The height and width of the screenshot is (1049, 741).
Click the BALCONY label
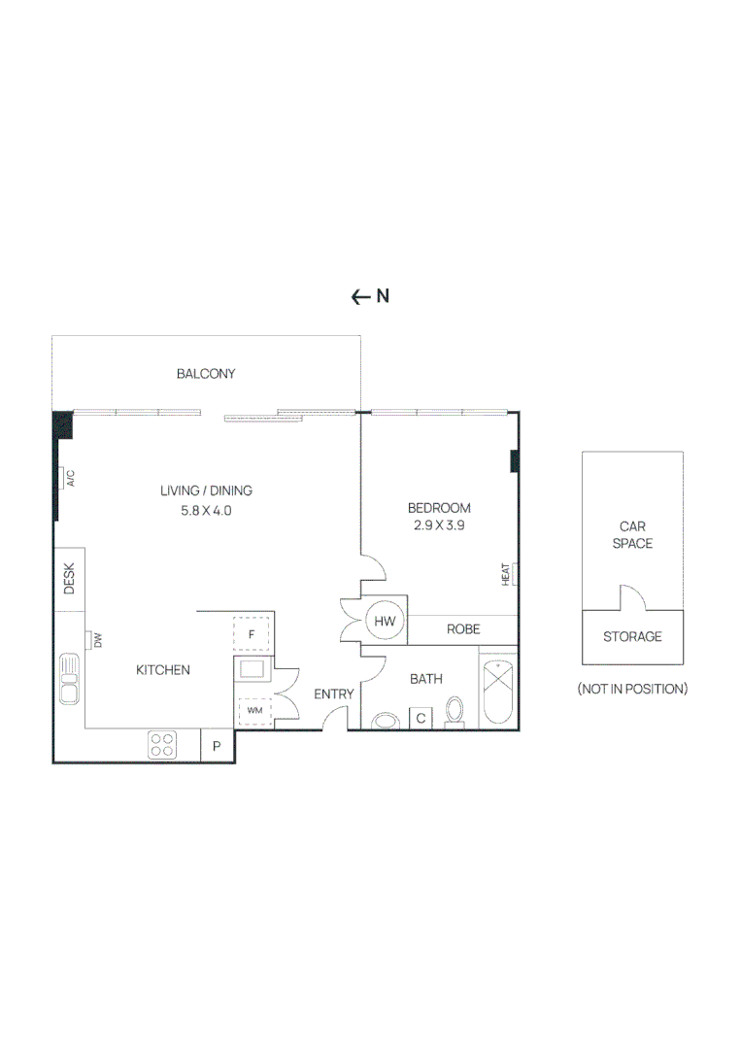206,373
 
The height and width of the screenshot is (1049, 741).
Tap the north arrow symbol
360,297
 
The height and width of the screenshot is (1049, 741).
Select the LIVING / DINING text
206,491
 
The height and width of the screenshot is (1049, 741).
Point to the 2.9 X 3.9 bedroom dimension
439,525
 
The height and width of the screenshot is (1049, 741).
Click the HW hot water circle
384,619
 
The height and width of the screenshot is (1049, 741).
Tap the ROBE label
463,629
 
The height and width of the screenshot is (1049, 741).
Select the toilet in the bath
455,712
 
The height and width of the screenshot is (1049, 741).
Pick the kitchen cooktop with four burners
162,745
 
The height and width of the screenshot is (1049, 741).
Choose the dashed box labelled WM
254,711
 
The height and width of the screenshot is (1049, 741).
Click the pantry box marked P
217,746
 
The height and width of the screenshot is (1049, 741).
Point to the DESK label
69,579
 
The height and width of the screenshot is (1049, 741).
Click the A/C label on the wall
70,478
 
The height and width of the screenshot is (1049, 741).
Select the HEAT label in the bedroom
506,575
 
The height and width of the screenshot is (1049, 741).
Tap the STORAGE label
632,637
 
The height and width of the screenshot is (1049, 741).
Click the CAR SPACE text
632,535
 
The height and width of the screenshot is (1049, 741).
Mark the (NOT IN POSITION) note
632,689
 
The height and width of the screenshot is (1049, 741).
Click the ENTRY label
332,694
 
